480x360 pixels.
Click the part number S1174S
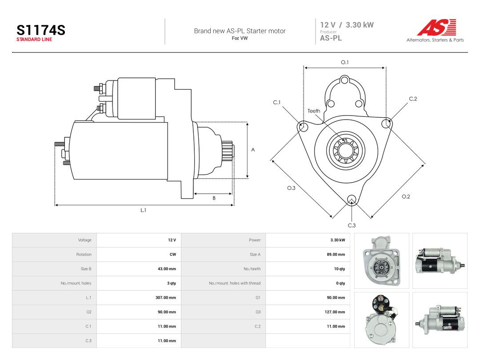tap(41, 30)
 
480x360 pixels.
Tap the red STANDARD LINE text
tap(34, 40)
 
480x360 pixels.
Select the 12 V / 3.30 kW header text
tap(347, 25)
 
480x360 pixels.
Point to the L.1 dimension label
tap(143, 210)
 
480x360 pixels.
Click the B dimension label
tap(214, 198)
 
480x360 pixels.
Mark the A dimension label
tap(253, 150)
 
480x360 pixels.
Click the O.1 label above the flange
tap(345, 62)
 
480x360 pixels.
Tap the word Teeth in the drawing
tap(314, 111)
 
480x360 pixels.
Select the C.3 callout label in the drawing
tap(352, 225)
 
